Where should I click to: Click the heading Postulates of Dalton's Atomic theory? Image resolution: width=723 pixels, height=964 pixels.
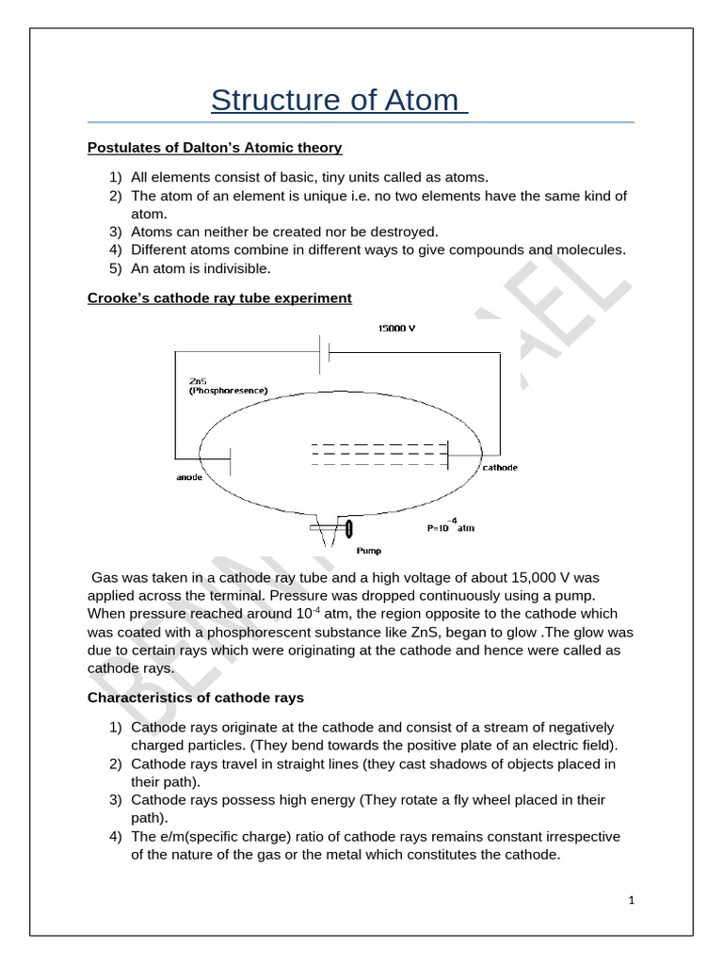click(215, 148)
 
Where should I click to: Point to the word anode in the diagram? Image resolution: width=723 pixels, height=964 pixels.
click(190, 476)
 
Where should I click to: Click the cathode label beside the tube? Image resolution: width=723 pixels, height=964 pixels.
click(499, 468)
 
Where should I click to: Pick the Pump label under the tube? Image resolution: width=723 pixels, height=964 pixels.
click(369, 551)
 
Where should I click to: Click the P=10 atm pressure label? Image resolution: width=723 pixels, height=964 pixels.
click(451, 527)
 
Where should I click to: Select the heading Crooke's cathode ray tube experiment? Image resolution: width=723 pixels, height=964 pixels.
click(219, 298)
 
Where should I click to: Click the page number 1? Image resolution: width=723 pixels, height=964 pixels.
click(633, 901)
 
